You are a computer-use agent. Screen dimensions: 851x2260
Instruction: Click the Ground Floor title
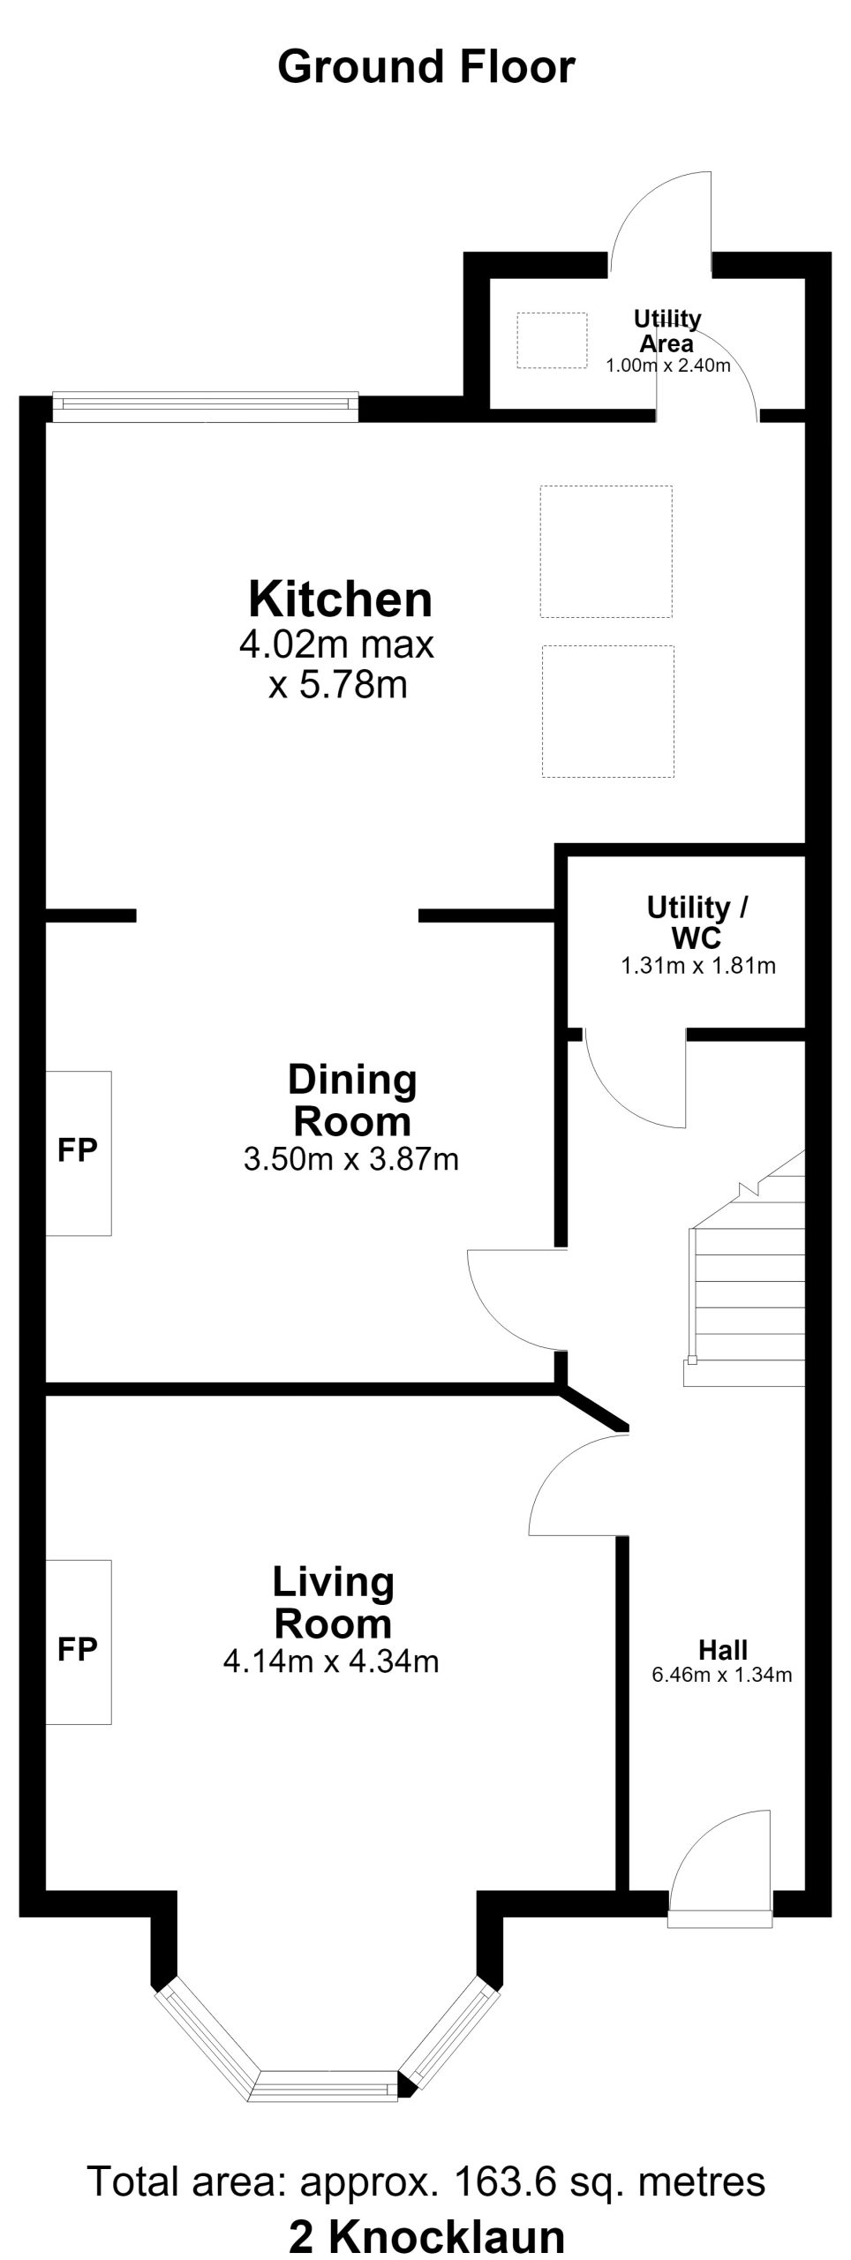point(426,68)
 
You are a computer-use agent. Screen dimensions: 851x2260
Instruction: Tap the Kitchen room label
point(341,599)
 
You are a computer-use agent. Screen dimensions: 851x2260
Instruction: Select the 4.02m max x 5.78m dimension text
point(337,664)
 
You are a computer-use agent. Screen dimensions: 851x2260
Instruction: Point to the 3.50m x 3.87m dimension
point(351,1159)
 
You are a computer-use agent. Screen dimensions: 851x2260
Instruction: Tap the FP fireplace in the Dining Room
point(78,1152)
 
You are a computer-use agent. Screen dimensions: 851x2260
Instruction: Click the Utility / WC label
point(697,922)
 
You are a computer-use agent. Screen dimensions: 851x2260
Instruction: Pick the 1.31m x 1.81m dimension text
point(698,966)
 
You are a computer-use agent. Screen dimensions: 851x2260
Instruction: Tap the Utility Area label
point(667,331)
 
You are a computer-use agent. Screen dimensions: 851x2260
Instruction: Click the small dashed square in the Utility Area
point(552,340)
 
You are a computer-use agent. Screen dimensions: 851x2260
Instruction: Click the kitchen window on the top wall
point(206,404)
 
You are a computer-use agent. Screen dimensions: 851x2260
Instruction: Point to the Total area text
point(426,2181)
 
